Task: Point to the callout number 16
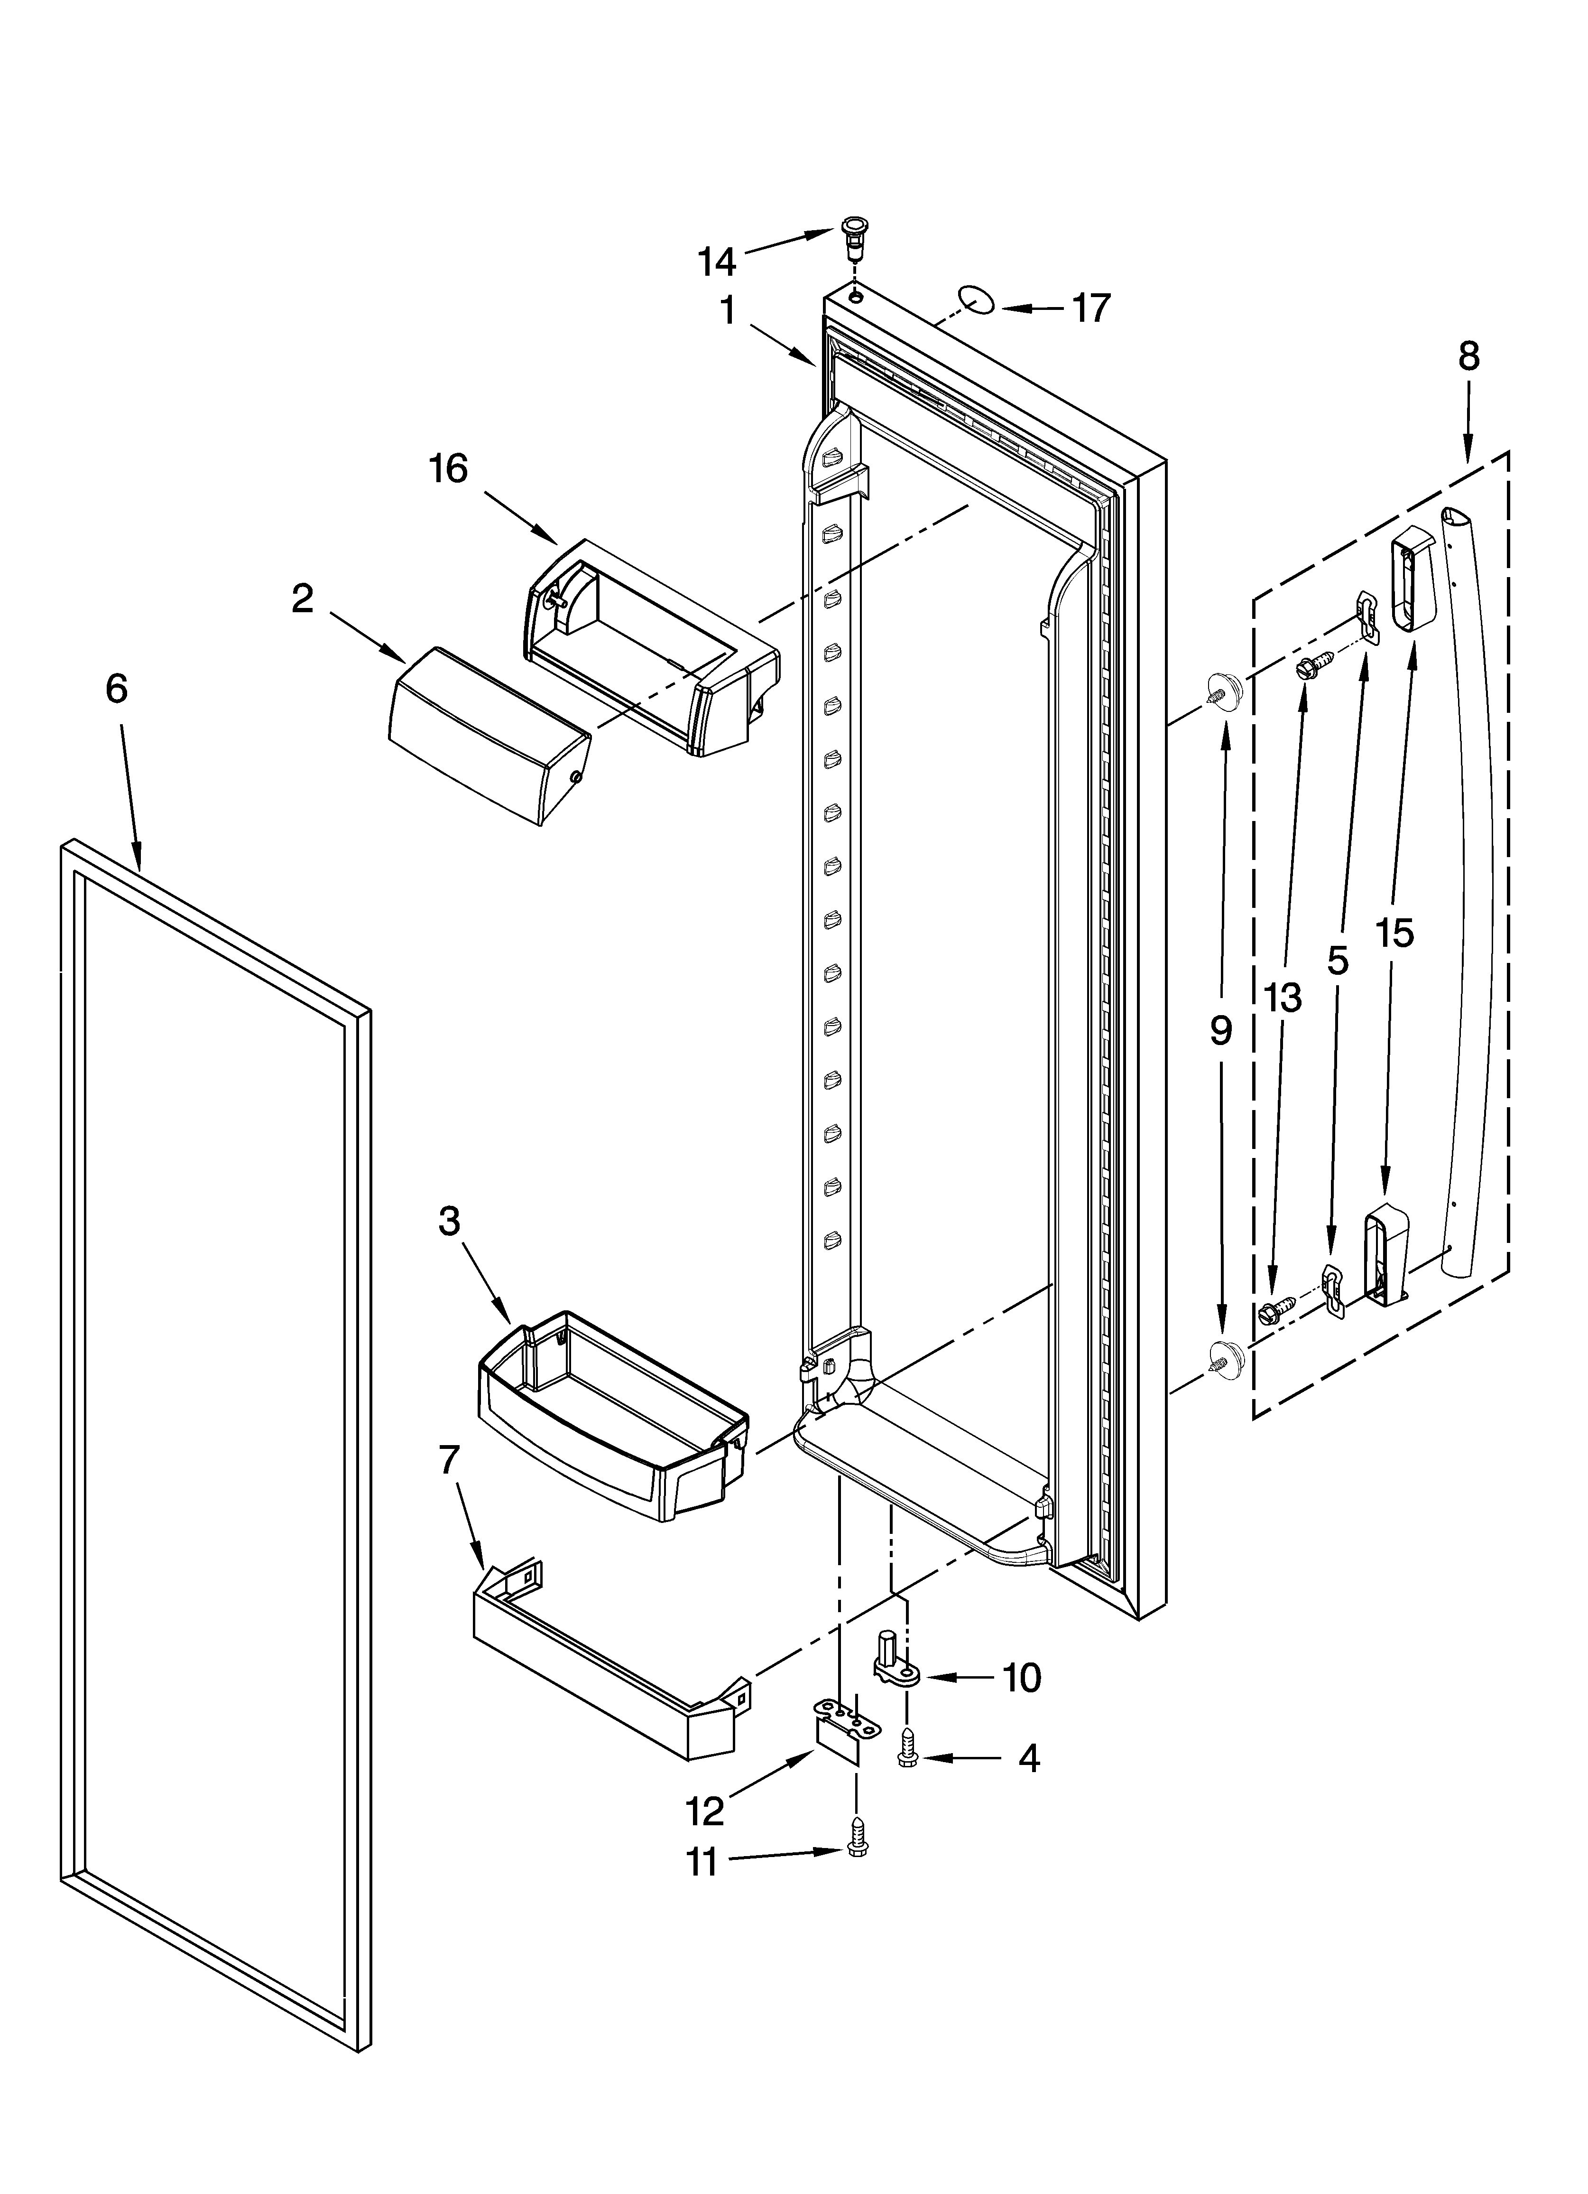[449, 469]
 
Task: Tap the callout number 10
[1021, 1678]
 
